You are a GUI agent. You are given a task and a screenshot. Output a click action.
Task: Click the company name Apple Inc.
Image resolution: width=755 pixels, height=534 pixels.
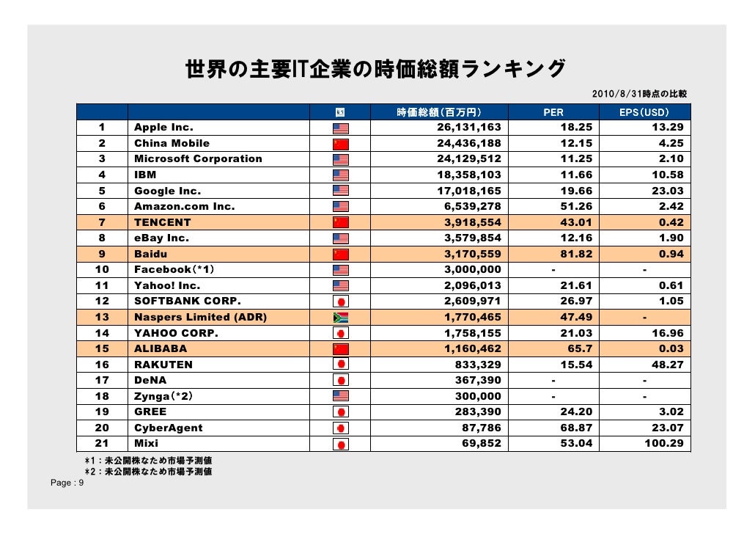pos(163,128)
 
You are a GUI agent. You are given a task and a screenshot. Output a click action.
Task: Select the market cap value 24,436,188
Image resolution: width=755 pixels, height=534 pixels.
pos(470,143)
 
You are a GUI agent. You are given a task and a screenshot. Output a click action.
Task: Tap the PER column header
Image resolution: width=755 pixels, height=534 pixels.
pos(553,112)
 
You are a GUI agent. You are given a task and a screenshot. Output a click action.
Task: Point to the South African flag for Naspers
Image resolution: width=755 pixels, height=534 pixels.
pos(341,318)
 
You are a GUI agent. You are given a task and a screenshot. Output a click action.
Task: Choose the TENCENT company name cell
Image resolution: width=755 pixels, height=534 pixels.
pos(162,222)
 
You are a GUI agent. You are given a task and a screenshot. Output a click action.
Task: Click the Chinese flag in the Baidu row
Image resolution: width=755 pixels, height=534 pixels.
pos(341,255)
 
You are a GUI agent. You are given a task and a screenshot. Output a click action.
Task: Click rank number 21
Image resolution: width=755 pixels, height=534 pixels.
pos(102,443)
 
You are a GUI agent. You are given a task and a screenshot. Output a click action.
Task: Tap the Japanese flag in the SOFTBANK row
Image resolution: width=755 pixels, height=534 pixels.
pos(341,301)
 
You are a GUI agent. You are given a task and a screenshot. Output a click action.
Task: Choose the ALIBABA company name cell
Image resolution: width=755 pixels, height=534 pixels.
pos(161,348)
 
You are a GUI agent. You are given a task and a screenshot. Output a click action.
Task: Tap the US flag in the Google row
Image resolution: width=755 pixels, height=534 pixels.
pos(341,191)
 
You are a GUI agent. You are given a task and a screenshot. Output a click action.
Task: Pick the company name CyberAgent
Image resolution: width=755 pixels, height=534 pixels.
pos(168,428)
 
